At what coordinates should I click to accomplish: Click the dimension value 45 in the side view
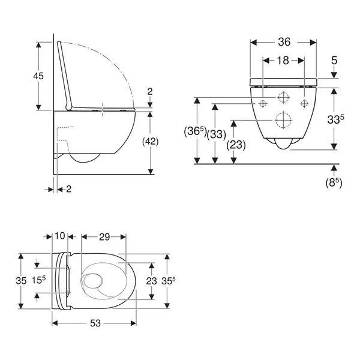pyautogui.click(x=38, y=76)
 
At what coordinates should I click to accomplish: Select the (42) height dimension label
pyautogui.click(x=151, y=142)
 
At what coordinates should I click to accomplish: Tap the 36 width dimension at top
pyautogui.click(x=284, y=42)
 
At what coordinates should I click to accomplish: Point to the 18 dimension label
pyautogui.click(x=283, y=61)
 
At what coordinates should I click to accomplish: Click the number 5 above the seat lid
pyautogui.click(x=334, y=61)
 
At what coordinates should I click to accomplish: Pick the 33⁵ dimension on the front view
pyautogui.click(x=335, y=119)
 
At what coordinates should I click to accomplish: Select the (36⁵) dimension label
pyautogui.click(x=196, y=131)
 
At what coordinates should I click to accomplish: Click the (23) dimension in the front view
pyautogui.click(x=236, y=145)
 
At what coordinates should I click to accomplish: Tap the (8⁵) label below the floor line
pyautogui.click(x=334, y=183)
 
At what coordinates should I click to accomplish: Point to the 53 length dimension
pyautogui.click(x=95, y=323)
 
